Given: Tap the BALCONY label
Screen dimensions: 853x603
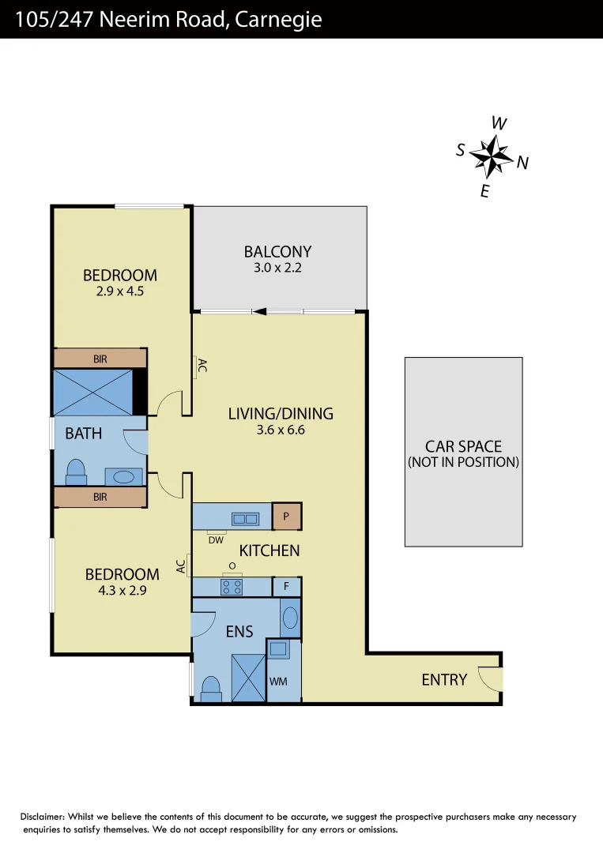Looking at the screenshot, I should pyautogui.click(x=277, y=252).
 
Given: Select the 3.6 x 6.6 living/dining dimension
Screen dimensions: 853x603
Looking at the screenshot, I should pyautogui.click(x=281, y=430).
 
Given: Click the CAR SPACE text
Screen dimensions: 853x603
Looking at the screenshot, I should pyautogui.click(x=463, y=446).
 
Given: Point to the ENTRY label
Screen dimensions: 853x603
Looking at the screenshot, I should pyautogui.click(x=444, y=679).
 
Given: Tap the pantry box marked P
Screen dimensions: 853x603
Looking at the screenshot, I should pyautogui.click(x=286, y=517).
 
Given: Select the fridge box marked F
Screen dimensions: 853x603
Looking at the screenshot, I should pyautogui.click(x=286, y=587).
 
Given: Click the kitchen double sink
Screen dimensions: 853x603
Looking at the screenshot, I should pyautogui.click(x=244, y=519).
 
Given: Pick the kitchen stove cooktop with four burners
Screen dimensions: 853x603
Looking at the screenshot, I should pyautogui.click(x=232, y=587).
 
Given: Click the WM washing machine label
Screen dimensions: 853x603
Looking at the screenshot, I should pyautogui.click(x=277, y=681).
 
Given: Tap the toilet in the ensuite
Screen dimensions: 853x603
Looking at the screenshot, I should pyautogui.click(x=212, y=690).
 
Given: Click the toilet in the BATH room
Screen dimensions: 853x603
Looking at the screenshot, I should pyautogui.click(x=76, y=472).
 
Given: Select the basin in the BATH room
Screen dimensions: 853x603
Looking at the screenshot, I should pyautogui.click(x=124, y=477).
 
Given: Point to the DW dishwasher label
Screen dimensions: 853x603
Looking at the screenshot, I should pyautogui.click(x=216, y=540).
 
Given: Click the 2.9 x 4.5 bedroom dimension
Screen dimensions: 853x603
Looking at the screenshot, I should pyautogui.click(x=119, y=290).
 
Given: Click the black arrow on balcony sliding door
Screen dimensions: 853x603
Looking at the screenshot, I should pyautogui.click(x=258, y=311).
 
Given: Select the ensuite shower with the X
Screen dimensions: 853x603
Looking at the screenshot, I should pyautogui.click(x=248, y=678).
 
